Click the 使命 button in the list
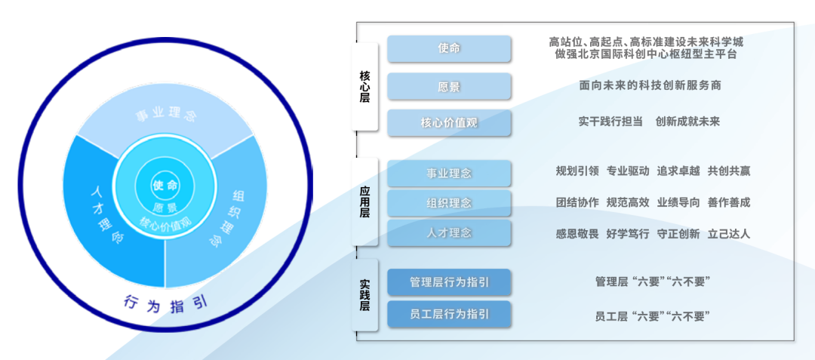(x=449, y=49)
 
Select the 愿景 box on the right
(x=449, y=86)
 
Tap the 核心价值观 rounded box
(x=449, y=123)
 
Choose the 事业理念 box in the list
(x=449, y=173)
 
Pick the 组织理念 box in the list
(x=449, y=202)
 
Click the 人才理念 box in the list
(x=449, y=232)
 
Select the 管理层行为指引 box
(x=449, y=282)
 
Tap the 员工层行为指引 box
(x=449, y=314)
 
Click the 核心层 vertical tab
(x=364, y=86)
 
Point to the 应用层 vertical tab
(x=364, y=201)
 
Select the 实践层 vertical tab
(x=364, y=294)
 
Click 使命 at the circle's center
(x=165, y=185)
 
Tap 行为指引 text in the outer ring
(x=166, y=303)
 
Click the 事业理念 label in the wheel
(x=166, y=115)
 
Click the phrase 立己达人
(x=729, y=234)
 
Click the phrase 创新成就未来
(x=687, y=122)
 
